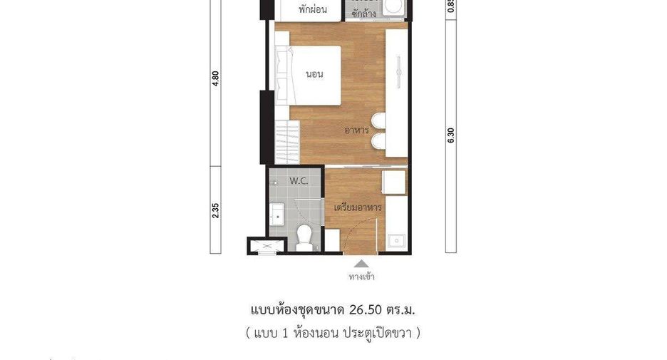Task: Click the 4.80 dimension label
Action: pos(216,78)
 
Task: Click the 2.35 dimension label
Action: pos(216,210)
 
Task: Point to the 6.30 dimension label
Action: pos(451,135)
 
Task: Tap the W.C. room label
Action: pos(299,181)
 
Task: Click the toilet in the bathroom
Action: pos(304,237)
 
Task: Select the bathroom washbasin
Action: pos(277,214)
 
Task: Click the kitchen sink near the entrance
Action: pos(396,241)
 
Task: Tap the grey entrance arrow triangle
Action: pos(361,263)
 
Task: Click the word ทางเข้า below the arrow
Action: pos(361,277)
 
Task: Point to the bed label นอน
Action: pos(314,74)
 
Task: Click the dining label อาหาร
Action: pos(356,130)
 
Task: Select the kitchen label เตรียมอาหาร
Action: pos(357,207)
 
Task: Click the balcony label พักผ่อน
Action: pos(313,9)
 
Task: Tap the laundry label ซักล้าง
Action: pos(363,14)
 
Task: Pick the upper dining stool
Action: pos(378,120)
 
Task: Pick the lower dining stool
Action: pos(378,141)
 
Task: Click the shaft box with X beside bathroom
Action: pos(267,246)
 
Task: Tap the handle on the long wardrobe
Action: pos(398,72)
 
